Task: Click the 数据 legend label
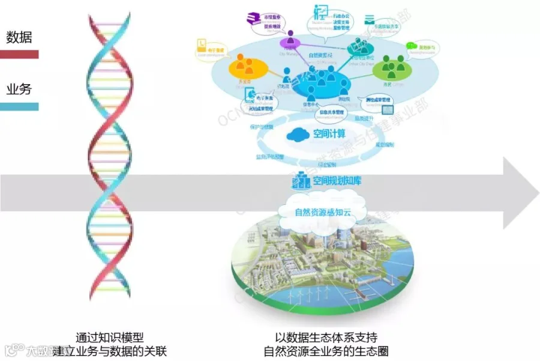pyautogui.click(x=19, y=37)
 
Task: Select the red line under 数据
pyautogui.click(x=19, y=55)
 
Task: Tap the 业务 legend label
pyautogui.click(x=19, y=89)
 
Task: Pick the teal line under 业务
pyautogui.click(x=19, y=107)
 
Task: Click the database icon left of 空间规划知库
pyautogui.click(x=299, y=179)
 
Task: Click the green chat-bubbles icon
pyautogui.click(x=412, y=46)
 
